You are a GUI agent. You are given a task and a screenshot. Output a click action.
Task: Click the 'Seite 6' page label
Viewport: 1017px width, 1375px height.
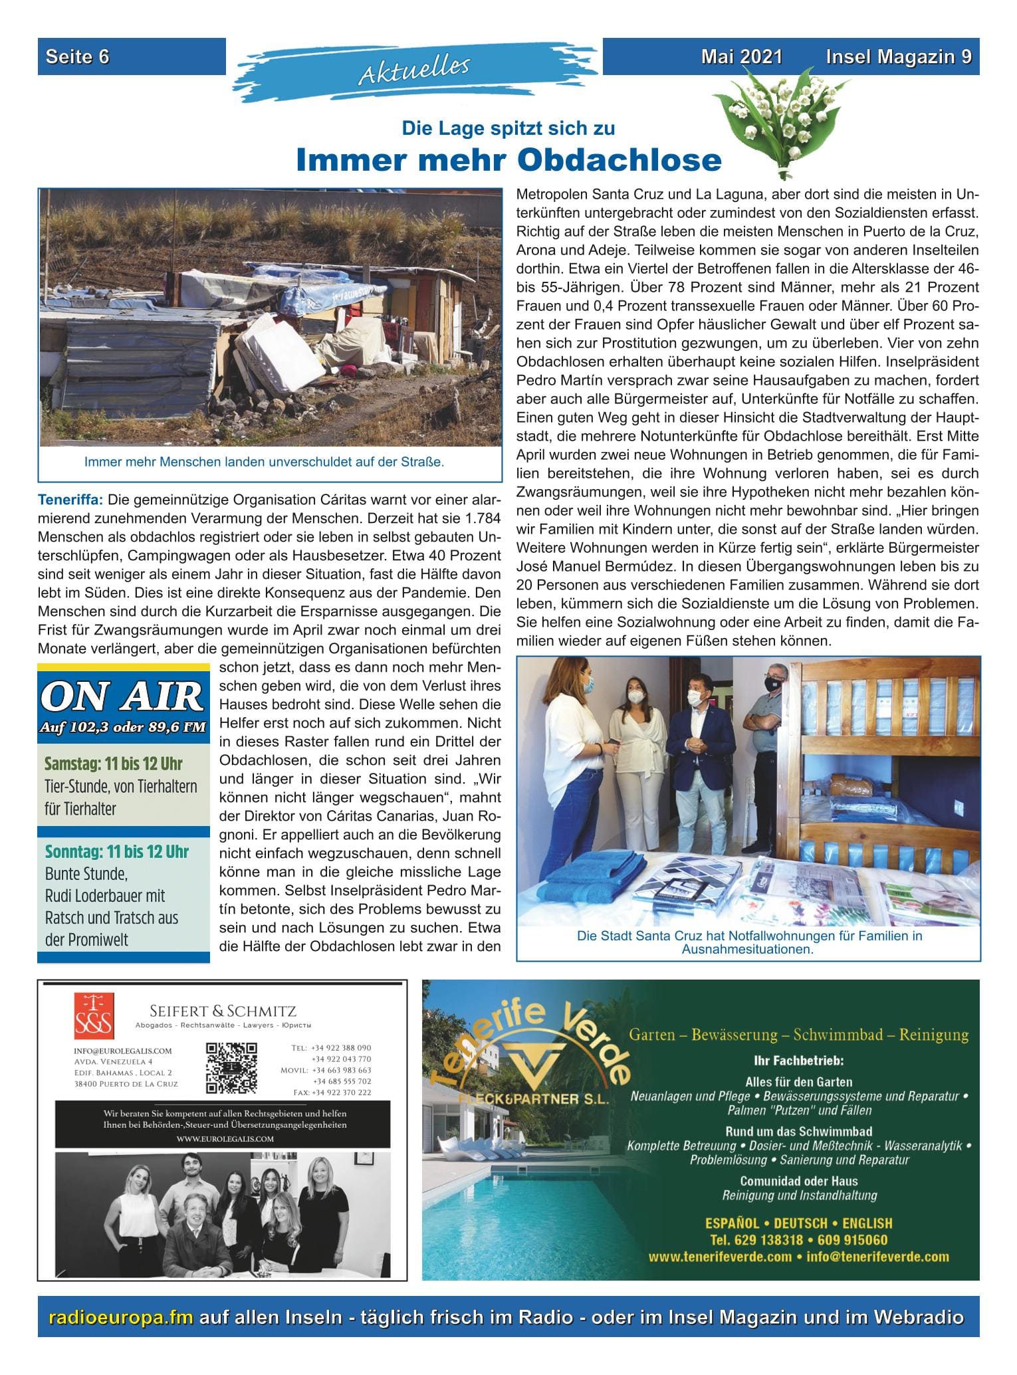click(78, 57)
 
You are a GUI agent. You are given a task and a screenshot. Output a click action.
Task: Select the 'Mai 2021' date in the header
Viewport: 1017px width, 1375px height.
click(741, 57)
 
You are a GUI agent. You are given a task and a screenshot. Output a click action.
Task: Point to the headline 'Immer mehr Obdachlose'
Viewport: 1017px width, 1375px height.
click(508, 160)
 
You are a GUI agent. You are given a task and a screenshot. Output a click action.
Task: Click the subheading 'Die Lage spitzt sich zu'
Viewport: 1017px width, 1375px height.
click(508, 128)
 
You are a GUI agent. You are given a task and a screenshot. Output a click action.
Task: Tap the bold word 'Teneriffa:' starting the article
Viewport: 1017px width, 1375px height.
click(71, 498)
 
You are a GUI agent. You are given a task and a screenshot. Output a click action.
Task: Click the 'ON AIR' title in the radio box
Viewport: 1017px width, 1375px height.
click(123, 697)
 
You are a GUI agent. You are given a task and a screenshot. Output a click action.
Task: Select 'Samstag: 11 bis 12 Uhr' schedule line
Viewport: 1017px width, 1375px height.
click(113, 764)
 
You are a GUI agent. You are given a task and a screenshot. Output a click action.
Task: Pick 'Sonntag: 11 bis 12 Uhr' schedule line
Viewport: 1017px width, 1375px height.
click(116, 851)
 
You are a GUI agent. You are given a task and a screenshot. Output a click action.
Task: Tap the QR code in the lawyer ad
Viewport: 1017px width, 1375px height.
click(231, 1068)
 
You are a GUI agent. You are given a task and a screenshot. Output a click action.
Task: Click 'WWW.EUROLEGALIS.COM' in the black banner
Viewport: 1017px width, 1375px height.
click(225, 1138)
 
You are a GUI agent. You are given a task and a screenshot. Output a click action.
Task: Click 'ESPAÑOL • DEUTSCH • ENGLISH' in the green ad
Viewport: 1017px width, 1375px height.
click(798, 1223)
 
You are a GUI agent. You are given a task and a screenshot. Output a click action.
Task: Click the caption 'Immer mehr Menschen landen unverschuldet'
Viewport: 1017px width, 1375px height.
click(264, 461)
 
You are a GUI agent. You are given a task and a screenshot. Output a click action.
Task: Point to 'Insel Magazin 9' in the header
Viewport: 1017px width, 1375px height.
click(897, 57)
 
